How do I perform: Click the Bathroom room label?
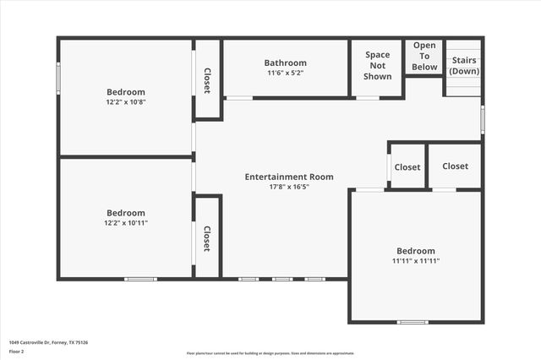coord(285,63)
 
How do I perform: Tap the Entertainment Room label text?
coord(289,177)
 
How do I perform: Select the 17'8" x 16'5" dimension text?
coord(289,187)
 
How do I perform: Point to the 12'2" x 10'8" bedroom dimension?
coord(125,102)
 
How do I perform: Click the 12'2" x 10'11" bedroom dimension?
coord(125,223)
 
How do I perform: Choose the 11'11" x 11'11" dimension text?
coord(416,261)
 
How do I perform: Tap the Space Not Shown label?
coord(378,66)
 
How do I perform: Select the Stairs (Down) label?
coord(463,66)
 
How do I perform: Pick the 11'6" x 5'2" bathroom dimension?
coord(285,73)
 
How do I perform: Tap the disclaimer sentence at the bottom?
coord(270,352)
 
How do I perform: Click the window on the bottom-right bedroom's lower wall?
coord(413,322)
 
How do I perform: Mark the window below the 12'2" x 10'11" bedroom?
coord(140,279)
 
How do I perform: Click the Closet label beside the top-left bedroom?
coord(207,80)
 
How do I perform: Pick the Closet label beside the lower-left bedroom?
coord(207,238)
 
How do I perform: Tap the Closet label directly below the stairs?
coord(455,166)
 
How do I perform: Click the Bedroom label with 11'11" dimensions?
coord(416,251)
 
